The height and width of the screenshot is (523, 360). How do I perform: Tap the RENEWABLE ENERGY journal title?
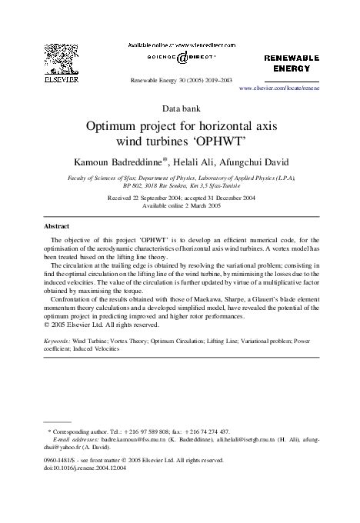pyautogui.click(x=292, y=63)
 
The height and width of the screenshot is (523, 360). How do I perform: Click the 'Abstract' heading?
pyautogui.click(x=56, y=227)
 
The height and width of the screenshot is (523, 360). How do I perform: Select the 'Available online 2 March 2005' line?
pyautogui.click(x=180, y=206)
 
